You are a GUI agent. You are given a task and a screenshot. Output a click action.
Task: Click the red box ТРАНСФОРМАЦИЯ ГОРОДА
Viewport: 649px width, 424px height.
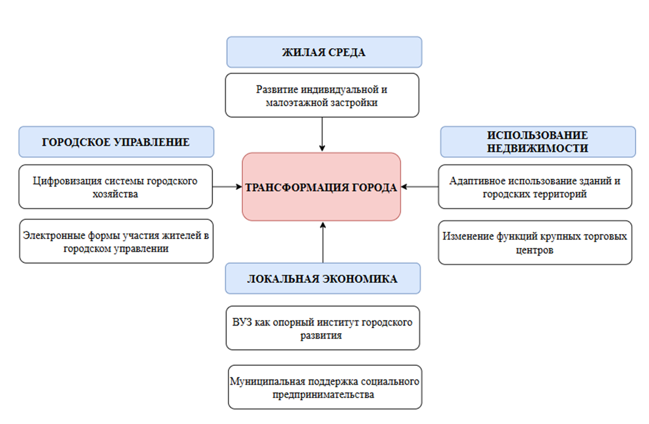(x=321, y=187)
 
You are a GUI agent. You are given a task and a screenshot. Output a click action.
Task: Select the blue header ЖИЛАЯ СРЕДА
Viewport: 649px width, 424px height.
(x=324, y=52)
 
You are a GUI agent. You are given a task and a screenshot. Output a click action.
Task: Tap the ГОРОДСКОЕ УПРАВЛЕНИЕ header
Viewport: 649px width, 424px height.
(x=116, y=142)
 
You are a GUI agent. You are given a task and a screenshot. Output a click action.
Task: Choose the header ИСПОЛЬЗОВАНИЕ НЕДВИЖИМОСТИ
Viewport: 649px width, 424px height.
(x=538, y=142)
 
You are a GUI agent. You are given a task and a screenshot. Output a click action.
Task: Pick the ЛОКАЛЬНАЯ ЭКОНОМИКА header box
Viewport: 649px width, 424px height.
(x=323, y=278)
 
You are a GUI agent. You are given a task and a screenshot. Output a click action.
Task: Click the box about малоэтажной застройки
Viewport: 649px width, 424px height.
(x=322, y=95)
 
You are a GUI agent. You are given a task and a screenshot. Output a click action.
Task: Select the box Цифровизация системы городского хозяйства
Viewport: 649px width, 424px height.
(x=116, y=187)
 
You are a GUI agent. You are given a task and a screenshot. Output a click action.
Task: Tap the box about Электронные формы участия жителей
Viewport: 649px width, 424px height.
(x=116, y=241)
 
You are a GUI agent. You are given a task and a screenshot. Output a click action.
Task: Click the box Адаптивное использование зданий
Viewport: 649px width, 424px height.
(x=535, y=187)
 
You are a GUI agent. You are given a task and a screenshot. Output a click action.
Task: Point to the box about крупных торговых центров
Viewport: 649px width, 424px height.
(x=535, y=242)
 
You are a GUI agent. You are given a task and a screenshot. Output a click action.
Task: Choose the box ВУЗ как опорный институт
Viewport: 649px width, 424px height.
(x=323, y=328)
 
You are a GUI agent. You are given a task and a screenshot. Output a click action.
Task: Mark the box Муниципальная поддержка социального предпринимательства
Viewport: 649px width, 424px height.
(x=325, y=387)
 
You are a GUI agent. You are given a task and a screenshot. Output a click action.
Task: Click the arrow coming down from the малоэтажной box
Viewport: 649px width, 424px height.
(x=322, y=135)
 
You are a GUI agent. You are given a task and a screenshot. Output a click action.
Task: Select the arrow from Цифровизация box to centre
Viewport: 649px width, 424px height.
(x=227, y=187)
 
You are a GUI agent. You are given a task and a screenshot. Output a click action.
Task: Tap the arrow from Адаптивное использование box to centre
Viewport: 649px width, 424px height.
(x=420, y=187)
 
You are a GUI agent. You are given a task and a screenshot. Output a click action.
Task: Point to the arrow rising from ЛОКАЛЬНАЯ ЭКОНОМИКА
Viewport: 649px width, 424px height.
(x=323, y=242)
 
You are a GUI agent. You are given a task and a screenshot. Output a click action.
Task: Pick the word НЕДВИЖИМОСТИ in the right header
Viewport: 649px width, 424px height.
(x=537, y=148)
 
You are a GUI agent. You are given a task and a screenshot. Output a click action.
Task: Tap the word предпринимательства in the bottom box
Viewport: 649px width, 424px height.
(x=323, y=395)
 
